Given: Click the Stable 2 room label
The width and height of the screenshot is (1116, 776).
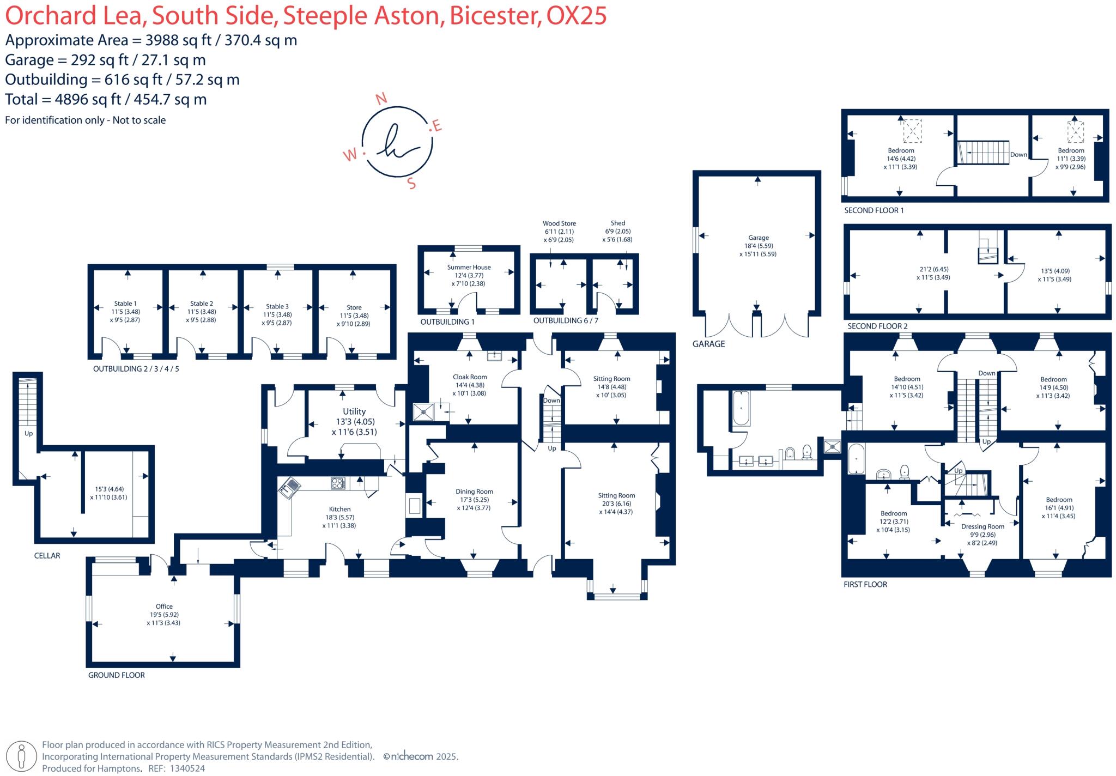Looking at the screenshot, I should (202, 304).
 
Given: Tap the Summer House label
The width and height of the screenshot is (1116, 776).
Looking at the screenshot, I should (469, 267).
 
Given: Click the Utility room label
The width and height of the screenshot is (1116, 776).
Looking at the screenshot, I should (354, 411).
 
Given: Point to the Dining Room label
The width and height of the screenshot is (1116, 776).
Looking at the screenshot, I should (474, 492).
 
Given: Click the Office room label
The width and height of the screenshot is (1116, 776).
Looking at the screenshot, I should (164, 606).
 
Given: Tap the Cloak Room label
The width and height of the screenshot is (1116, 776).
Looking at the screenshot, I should (470, 377).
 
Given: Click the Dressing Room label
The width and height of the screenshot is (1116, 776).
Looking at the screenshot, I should (982, 526).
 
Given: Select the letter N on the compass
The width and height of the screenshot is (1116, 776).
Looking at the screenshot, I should (381, 99).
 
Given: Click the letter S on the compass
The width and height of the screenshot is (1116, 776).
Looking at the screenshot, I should (411, 184).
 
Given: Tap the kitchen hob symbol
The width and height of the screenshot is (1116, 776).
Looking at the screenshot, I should (338, 483).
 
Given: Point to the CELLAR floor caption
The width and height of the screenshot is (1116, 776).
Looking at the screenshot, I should (47, 555).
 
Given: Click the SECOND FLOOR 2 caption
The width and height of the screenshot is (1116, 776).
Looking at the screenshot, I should (877, 326).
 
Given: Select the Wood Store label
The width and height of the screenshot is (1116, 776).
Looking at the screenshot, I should (559, 223).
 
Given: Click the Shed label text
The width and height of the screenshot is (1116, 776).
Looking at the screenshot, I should (618, 223).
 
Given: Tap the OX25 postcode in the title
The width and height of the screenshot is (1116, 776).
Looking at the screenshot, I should (576, 15).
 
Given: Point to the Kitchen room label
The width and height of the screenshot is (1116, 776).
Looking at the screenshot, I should (339, 509).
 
